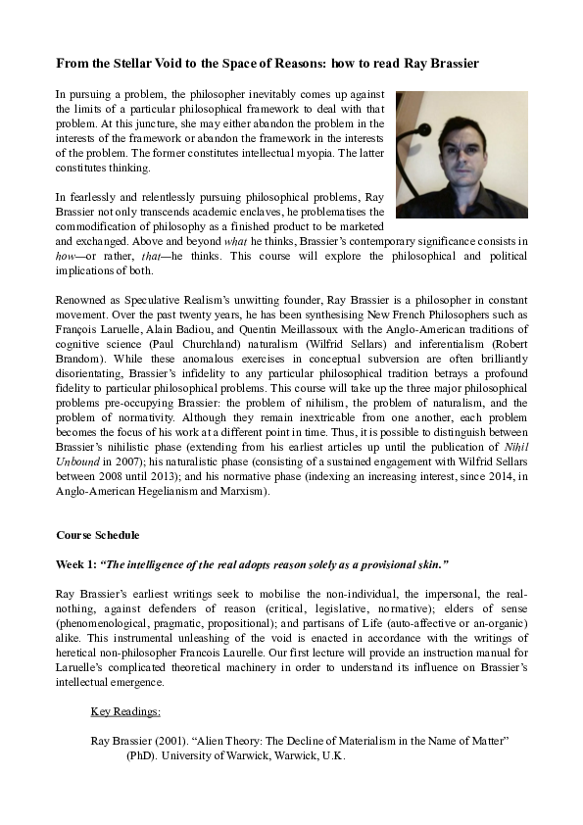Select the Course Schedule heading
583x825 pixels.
[x=98, y=536]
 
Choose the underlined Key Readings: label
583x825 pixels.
[x=125, y=712]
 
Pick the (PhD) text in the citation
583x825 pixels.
[x=141, y=756]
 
